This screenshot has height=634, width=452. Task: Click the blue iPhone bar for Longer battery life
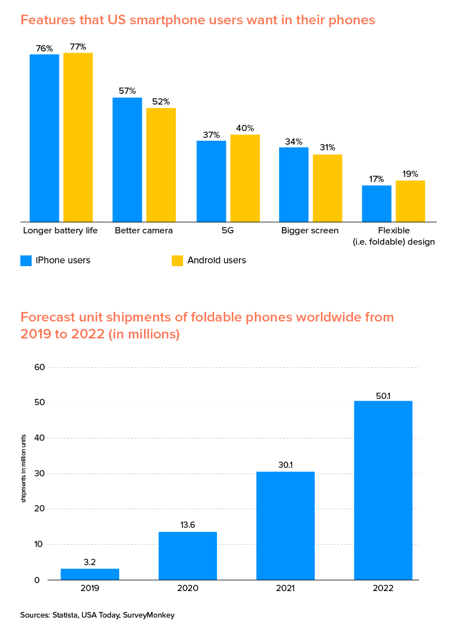tap(44, 138)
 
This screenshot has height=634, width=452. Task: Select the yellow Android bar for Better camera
tap(161, 164)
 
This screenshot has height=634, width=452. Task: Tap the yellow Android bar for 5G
tap(245, 178)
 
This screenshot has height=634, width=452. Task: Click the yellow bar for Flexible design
tap(410, 201)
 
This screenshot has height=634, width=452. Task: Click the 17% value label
tap(376, 179)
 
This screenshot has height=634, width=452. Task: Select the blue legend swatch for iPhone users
tap(26, 260)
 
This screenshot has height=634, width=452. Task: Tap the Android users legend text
tap(216, 260)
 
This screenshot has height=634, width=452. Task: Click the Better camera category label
tap(144, 231)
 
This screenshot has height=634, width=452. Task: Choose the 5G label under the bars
tap(228, 231)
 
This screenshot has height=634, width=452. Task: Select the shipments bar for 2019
tap(90, 574)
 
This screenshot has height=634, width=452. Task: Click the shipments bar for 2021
tap(285, 526)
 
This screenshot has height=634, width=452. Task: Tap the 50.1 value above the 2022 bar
tap(383, 396)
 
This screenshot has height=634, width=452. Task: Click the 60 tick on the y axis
tap(40, 367)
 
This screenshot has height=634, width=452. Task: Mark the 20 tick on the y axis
tap(40, 509)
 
